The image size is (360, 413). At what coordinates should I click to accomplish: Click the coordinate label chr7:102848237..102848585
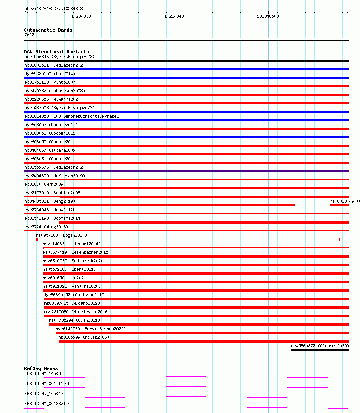[55, 9]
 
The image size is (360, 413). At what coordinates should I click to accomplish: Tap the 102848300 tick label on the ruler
[82, 16]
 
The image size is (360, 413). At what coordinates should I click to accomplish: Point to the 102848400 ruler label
[175, 16]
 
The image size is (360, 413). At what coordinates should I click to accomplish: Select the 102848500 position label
[268, 16]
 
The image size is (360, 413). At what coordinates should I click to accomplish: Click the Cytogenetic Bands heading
[48, 30]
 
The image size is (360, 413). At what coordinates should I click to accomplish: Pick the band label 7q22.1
[32, 35]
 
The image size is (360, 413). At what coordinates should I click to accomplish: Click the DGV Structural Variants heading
[57, 52]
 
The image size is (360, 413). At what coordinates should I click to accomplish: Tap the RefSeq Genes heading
[41, 368]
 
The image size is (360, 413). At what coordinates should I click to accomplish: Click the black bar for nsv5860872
[320, 350]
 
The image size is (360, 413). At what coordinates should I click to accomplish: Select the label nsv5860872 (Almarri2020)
[320, 346]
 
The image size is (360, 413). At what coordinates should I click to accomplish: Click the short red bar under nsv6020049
[339, 205]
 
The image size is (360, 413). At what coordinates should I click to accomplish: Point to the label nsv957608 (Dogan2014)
[61, 235]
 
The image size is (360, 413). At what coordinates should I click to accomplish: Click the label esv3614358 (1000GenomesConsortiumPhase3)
[72, 116]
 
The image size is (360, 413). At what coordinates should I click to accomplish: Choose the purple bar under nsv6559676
[186, 171]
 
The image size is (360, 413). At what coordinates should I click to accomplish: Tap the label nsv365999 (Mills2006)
[84, 337]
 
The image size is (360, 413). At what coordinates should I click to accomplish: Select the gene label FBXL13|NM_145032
[44, 373]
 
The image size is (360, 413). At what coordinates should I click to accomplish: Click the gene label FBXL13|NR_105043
[44, 394]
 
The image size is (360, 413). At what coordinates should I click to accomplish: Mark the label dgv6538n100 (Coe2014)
[50, 74]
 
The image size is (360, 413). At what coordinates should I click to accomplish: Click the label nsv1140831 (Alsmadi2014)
[72, 244]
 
